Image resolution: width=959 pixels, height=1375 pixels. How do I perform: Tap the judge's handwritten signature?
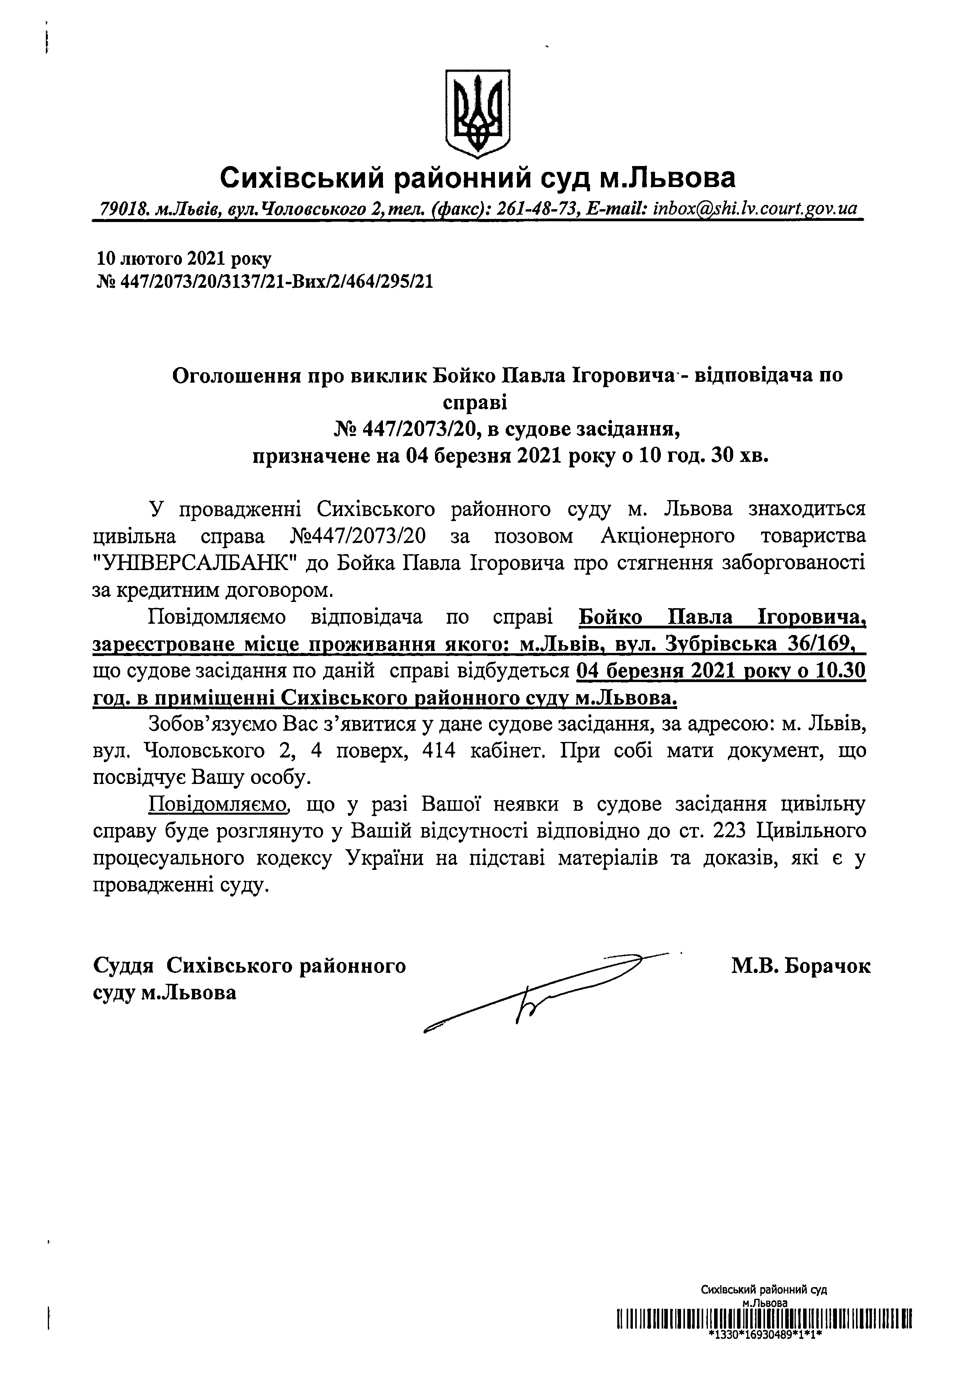pos(539,988)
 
